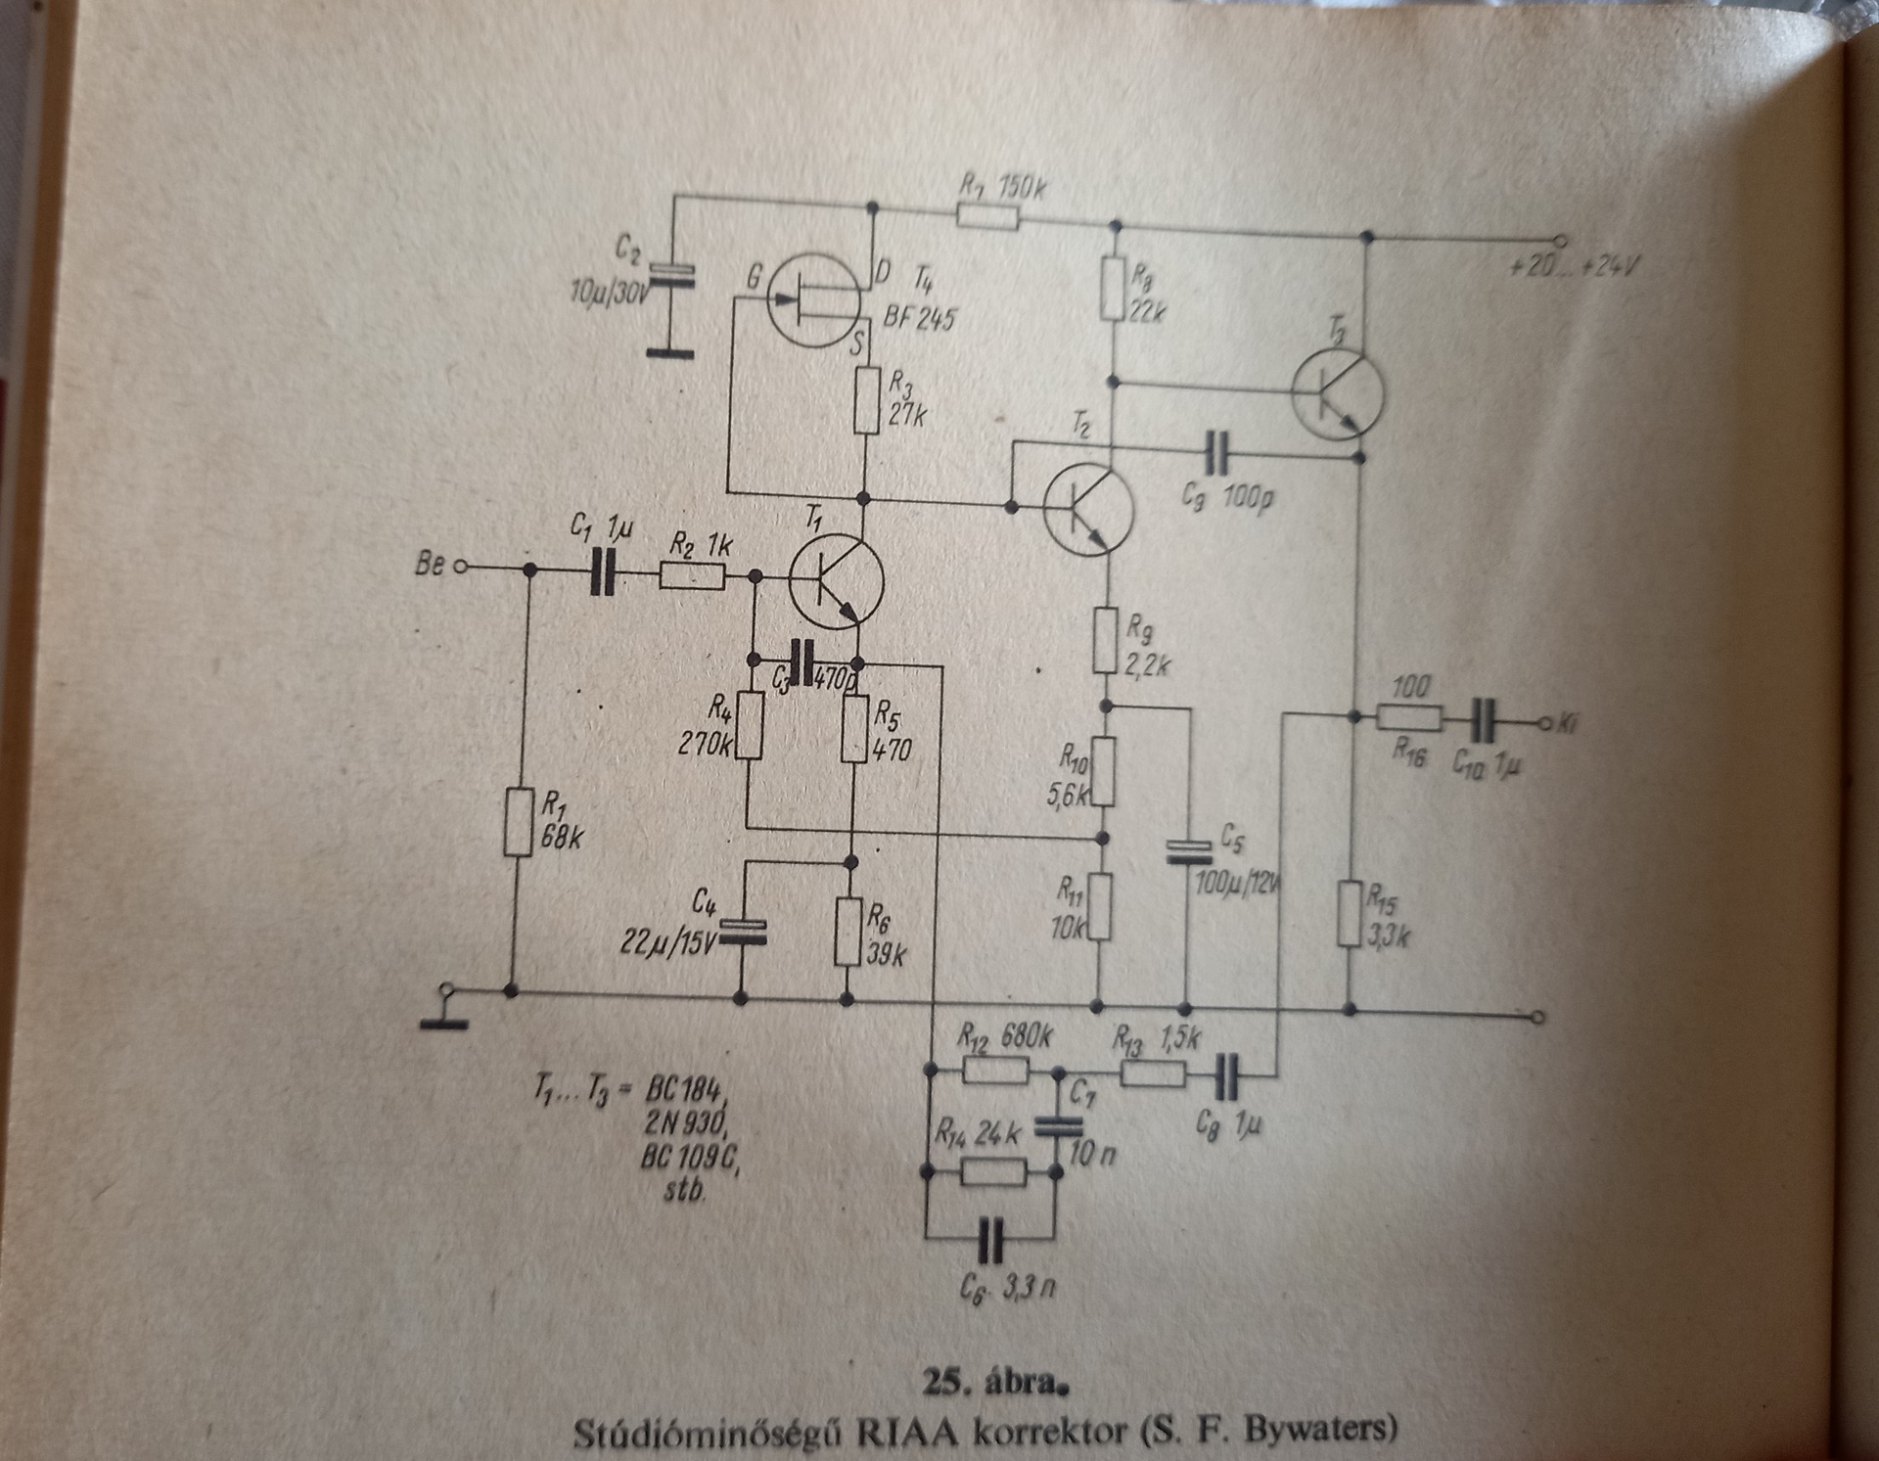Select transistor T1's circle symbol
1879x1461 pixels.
[836, 581]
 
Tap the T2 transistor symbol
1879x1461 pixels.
[1087, 508]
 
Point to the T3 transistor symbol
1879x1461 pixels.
[1337, 390]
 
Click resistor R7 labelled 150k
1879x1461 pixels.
[987, 214]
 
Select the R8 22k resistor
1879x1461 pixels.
[1112, 288]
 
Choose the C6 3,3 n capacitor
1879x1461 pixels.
[991, 1242]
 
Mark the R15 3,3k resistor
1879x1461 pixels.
[1351, 913]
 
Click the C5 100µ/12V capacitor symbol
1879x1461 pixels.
[1187, 853]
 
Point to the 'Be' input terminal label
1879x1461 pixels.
[430, 565]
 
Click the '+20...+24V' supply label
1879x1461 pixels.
[1574, 265]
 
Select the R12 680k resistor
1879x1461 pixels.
[995, 1072]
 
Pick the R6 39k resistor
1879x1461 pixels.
[848, 931]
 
